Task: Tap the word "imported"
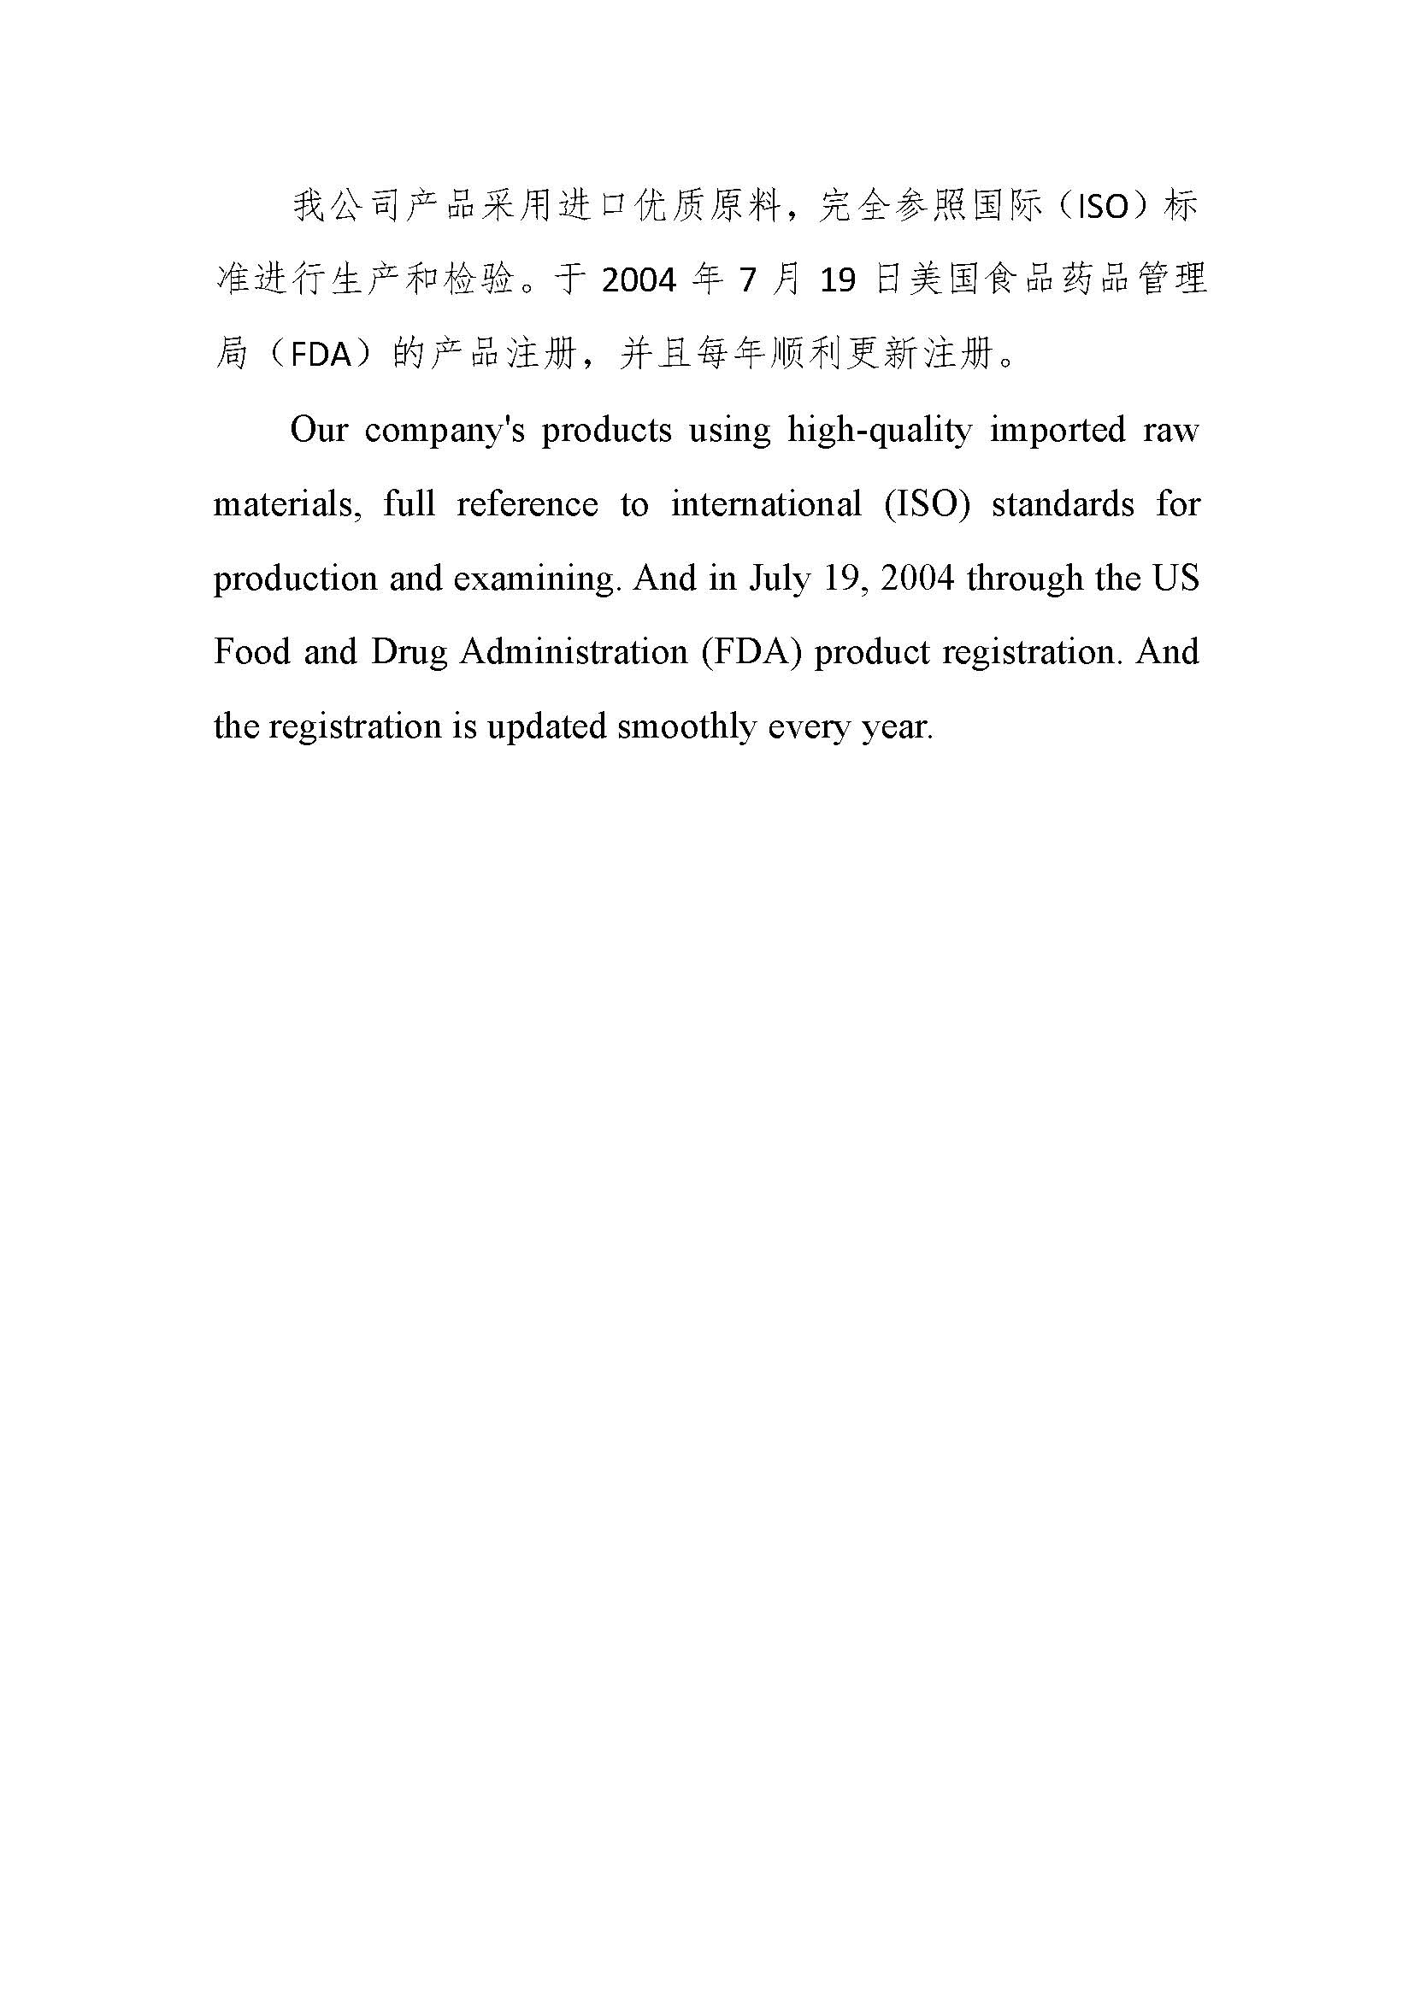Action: (x=1057, y=430)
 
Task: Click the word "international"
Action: (x=765, y=505)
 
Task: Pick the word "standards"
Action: (x=1063, y=505)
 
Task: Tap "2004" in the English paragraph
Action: (x=917, y=579)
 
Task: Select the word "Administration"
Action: (x=573, y=652)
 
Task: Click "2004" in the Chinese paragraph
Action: (x=639, y=281)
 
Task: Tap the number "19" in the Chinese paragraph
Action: (x=839, y=281)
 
